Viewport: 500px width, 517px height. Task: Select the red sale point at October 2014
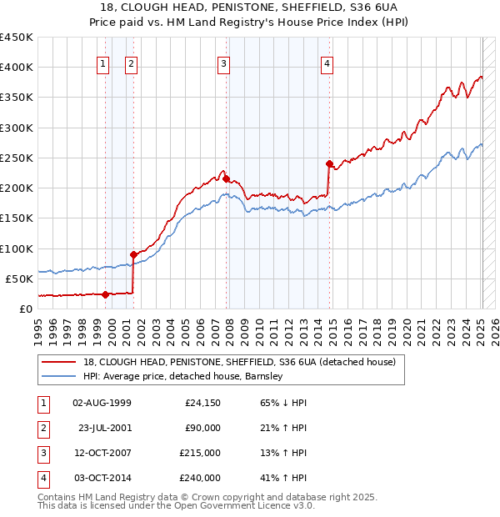pos(329,163)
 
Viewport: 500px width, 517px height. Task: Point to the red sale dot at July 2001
pos(133,254)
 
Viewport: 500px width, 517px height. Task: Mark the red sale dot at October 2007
pos(226,178)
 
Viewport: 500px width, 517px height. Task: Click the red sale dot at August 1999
pos(105,294)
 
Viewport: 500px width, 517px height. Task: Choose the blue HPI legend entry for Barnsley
pos(183,376)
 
